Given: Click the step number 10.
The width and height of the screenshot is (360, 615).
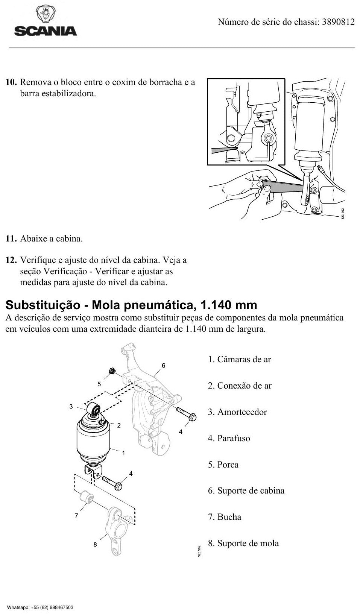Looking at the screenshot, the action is point(12,82).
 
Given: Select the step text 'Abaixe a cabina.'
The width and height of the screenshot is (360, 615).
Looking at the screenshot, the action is point(52,238).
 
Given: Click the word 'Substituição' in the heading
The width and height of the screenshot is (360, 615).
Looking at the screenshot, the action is point(43,305).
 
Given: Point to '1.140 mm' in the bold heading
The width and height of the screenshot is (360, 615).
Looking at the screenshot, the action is point(229,305).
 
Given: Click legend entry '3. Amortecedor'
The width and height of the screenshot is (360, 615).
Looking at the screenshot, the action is point(237,412).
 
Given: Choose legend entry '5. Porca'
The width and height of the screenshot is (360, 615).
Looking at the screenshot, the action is point(223,465).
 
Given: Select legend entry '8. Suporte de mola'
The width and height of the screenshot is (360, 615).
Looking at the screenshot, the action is point(243,543).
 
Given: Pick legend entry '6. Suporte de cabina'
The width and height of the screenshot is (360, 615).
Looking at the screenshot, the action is point(246,490).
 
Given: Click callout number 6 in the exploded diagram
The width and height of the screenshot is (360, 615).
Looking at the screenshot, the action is point(163,366).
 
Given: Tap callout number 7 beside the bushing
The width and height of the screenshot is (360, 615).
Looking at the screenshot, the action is point(76,516).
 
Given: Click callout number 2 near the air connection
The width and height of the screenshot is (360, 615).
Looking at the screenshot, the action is point(119,425).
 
